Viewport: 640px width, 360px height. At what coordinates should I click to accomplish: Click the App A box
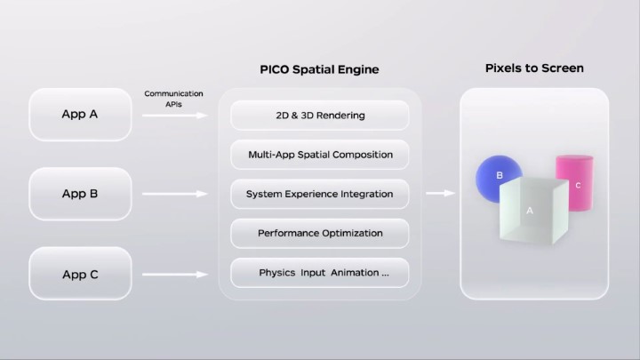pyautogui.click(x=80, y=114)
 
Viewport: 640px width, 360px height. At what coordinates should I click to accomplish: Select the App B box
pyautogui.click(x=80, y=194)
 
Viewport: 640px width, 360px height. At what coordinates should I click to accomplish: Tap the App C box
pyautogui.click(x=80, y=274)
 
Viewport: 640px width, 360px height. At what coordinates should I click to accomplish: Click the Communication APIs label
pyautogui.click(x=173, y=99)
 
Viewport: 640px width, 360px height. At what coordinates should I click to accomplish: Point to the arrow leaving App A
pyautogui.click(x=173, y=116)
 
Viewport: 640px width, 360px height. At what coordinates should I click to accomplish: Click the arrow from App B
pyautogui.click(x=173, y=194)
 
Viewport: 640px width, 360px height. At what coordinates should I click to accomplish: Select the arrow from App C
pyautogui.click(x=173, y=274)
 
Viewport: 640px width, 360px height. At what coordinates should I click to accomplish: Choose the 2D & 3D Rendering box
pyautogui.click(x=320, y=116)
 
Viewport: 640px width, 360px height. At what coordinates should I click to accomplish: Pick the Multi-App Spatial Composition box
pyautogui.click(x=320, y=155)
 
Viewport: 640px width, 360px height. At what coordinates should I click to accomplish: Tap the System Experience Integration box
pyautogui.click(x=320, y=194)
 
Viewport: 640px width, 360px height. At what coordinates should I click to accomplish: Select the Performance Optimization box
pyautogui.click(x=320, y=233)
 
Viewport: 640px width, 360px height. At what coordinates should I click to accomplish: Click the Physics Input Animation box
pyautogui.click(x=320, y=273)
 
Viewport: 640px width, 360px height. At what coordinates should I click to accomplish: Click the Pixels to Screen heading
pyautogui.click(x=534, y=68)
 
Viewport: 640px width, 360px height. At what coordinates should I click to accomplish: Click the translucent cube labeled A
pyautogui.click(x=531, y=210)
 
